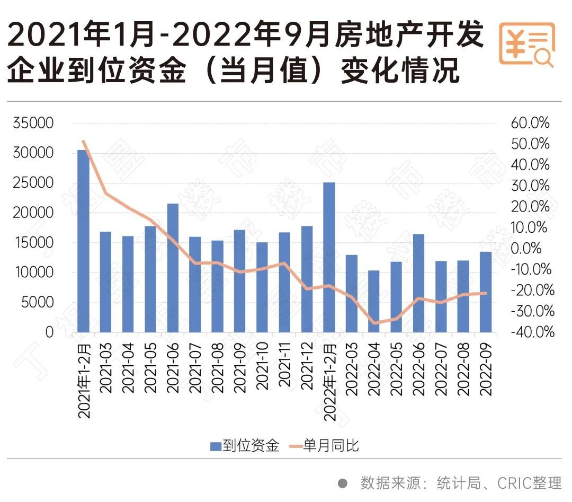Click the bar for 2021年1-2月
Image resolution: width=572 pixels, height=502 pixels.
pyautogui.click(x=84, y=241)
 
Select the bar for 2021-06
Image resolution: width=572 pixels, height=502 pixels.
pyautogui.click(x=173, y=268)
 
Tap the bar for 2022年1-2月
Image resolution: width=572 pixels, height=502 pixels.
pyautogui.click(x=329, y=257)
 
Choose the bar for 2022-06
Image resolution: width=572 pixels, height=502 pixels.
pyautogui.click(x=418, y=283)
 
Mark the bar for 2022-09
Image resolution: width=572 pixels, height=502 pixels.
pyautogui.click(x=486, y=292)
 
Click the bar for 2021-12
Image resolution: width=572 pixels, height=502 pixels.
pyautogui.click(x=307, y=279)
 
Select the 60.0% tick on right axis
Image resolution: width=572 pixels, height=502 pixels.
pyautogui.click(x=530, y=124)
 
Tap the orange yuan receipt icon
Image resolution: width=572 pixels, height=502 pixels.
pyautogui.click(x=526, y=44)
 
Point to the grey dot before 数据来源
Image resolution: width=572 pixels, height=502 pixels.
pyautogui.click(x=343, y=483)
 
